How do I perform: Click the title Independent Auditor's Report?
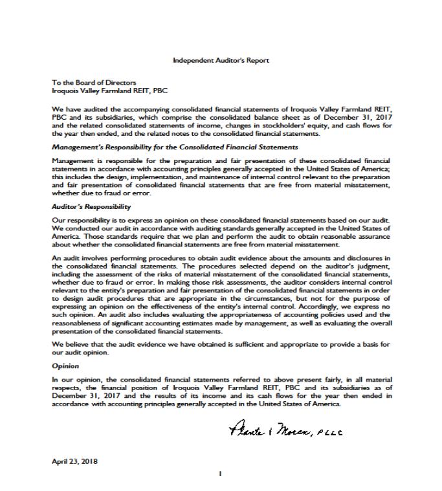point(221,60)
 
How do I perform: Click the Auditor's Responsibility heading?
point(91,207)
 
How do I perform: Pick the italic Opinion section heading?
point(65,366)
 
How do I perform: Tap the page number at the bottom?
point(221,474)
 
